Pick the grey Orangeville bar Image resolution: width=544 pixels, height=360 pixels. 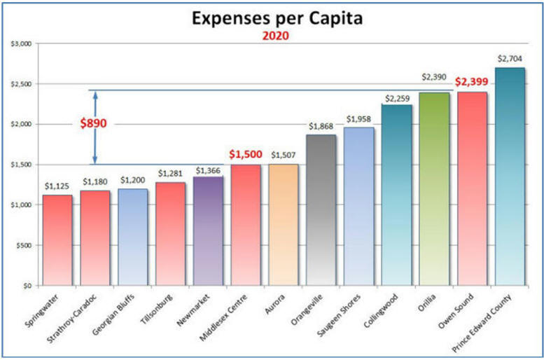click(321, 209)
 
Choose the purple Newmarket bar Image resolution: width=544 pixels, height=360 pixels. click(208, 230)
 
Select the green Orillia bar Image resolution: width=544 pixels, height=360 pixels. click(433, 188)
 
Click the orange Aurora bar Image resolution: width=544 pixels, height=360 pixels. click(283, 224)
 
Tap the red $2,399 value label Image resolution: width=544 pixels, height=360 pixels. click(472, 82)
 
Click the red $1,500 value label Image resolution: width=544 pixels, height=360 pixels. click(246, 154)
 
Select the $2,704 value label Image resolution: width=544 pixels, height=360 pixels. click(509, 58)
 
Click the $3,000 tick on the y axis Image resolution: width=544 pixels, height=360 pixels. click(20, 43)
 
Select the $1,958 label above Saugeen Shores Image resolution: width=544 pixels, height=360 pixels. click(358, 118)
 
